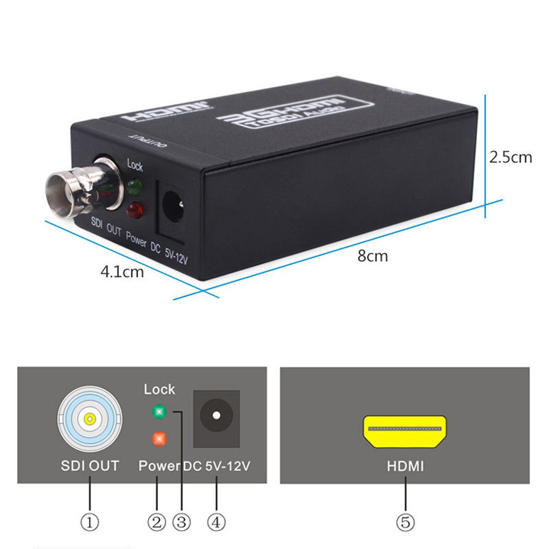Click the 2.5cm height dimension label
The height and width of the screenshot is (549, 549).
tap(510, 158)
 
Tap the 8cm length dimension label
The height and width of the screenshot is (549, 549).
tap(373, 256)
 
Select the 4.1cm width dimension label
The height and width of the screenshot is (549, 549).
tap(122, 272)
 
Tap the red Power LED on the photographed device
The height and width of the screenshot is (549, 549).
tap(135, 210)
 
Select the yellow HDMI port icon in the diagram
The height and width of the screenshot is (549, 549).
tap(405, 432)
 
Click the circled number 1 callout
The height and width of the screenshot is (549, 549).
tap(90, 522)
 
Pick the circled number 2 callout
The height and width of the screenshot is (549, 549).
tap(157, 522)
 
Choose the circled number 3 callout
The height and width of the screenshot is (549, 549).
tap(182, 522)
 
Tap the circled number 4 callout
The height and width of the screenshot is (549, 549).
tap(217, 522)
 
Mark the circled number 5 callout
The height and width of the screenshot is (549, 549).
tap(405, 522)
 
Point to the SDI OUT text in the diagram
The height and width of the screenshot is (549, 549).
tap(90, 466)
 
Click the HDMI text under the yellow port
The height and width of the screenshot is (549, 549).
tap(405, 466)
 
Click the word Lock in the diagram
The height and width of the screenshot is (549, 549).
tap(159, 390)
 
